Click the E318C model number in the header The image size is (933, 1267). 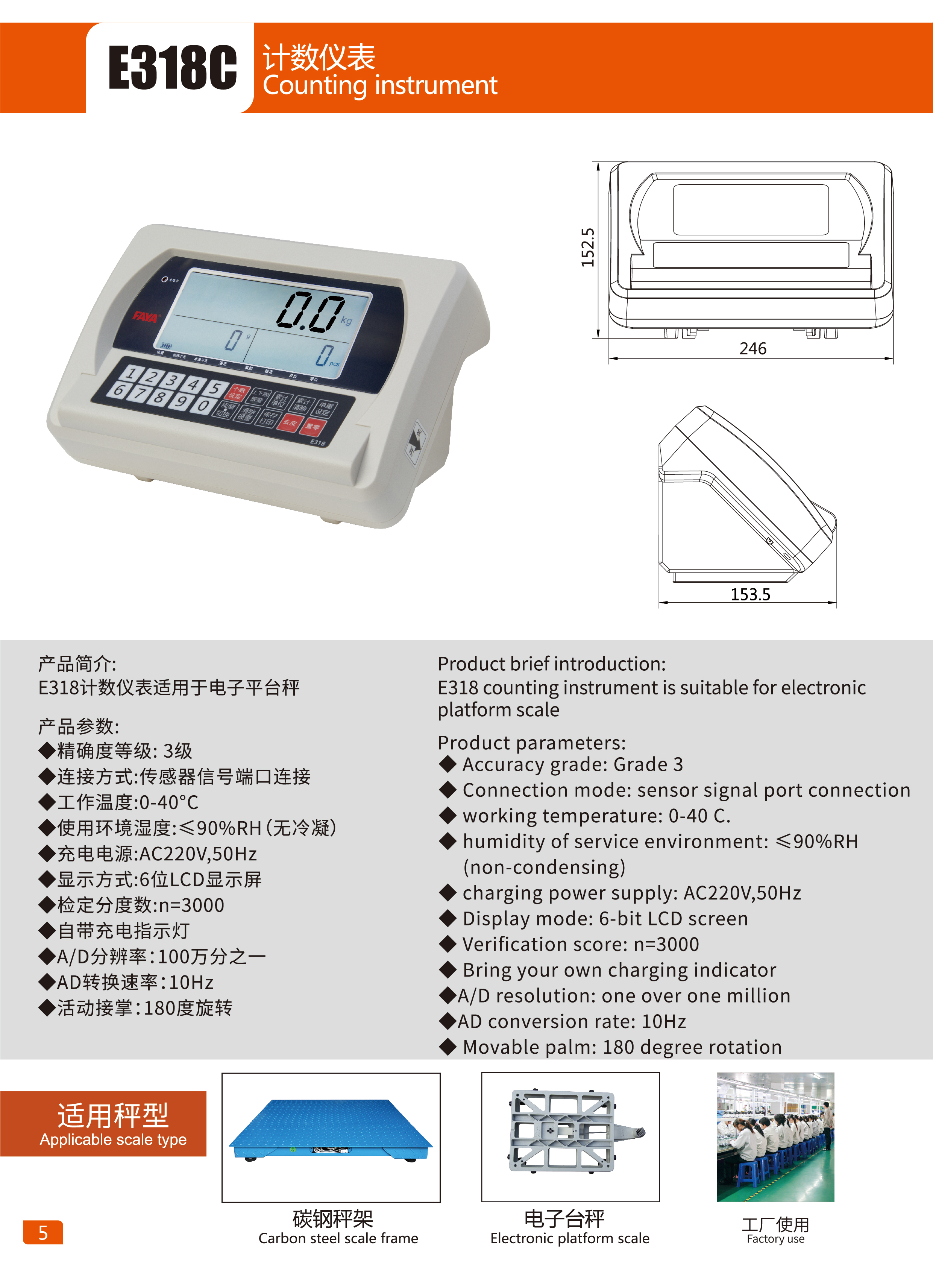tap(172, 67)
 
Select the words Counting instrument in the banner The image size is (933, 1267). tap(379, 86)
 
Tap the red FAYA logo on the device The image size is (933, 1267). tap(145, 316)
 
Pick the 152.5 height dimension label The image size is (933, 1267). tap(588, 248)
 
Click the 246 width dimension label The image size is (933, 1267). tap(753, 348)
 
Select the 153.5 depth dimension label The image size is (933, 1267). tap(750, 594)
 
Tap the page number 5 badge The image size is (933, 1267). tap(43, 1232)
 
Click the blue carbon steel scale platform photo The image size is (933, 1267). tap(331, 1130)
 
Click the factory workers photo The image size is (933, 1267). tap(775, 1136)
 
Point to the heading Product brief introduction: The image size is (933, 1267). tap(551, 664)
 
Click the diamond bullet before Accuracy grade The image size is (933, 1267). tap(448, 764)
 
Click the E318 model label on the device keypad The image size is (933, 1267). tap(317, 442)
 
